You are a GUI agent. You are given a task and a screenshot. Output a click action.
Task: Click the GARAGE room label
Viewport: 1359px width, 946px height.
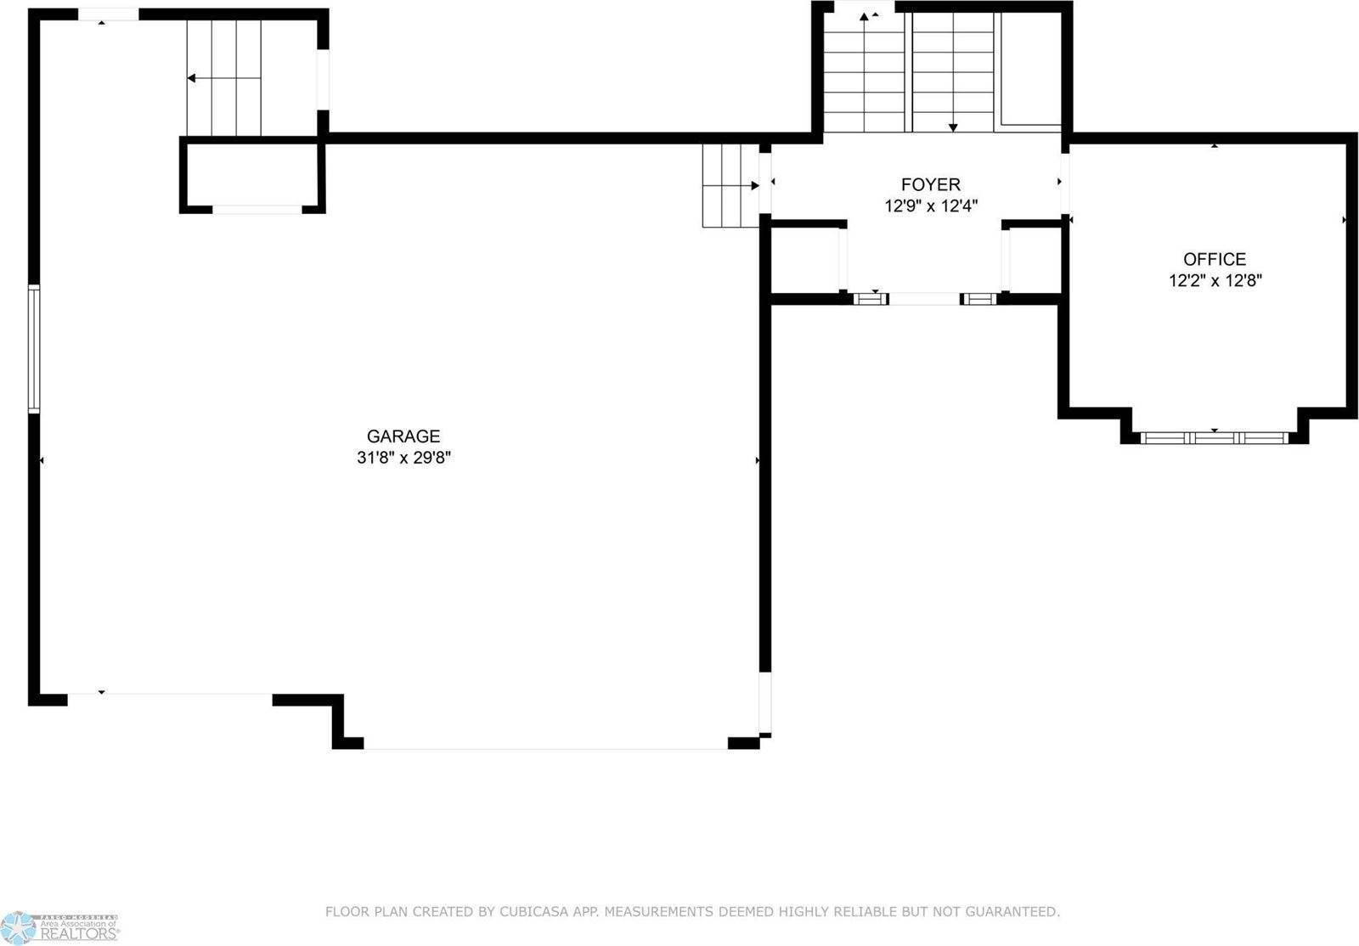pos(403,436)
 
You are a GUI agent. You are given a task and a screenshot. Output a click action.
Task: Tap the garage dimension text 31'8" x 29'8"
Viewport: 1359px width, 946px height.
pos(403,458)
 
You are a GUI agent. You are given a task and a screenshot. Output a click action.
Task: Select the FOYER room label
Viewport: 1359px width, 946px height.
pos(931,184)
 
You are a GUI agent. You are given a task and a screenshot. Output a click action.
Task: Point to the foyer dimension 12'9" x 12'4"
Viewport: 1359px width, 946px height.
pos(931,206)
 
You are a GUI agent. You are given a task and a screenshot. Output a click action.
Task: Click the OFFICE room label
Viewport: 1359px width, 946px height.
pos(1215,259)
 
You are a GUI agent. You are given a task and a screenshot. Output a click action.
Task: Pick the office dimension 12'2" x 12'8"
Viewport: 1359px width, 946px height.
pos(1215,280)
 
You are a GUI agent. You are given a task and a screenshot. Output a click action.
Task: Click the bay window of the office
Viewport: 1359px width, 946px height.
pos(1214,438)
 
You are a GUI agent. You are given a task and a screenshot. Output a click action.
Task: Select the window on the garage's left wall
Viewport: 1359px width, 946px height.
pos(34,348)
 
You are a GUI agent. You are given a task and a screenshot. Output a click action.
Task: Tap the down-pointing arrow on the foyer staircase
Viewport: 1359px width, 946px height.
pos(953,127)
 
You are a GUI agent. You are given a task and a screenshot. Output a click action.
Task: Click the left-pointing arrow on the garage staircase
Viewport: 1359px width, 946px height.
pos(192,78)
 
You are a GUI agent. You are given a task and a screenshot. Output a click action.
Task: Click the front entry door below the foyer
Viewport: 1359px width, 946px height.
pos(924,299)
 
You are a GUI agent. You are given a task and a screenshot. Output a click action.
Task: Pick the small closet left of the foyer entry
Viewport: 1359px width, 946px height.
pos(805,259)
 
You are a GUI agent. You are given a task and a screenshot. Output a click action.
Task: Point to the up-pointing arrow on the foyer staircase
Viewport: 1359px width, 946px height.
pos(864,17)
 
